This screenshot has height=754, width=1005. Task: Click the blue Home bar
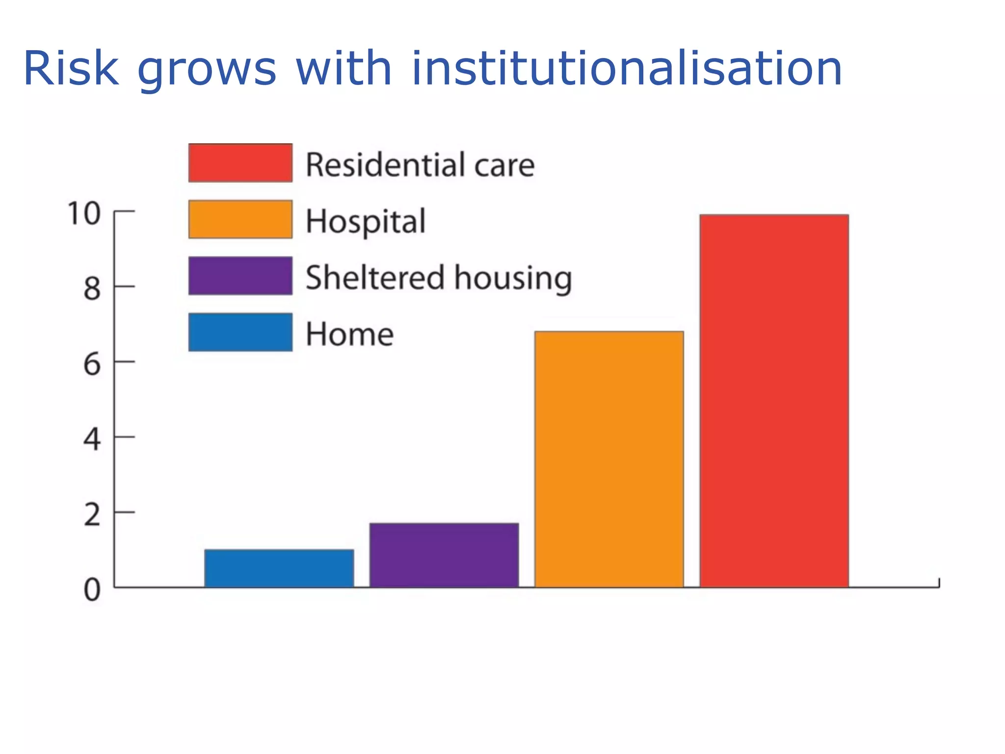(279, 568)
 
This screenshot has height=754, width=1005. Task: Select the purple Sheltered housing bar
(444, 555)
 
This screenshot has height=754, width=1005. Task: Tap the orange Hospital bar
(609, 459)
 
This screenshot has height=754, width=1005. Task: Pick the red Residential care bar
(774, 401)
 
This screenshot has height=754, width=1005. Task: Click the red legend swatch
(240, 163)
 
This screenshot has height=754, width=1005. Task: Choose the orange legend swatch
(240, 219)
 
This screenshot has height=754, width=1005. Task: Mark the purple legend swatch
(240, 276)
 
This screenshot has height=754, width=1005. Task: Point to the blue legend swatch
(240, 332)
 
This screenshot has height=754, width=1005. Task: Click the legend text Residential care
(420, 165)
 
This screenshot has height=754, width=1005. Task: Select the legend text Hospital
(366, 221)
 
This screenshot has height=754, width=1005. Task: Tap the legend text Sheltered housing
(439, 278)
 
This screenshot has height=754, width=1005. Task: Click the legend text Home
(349, 334)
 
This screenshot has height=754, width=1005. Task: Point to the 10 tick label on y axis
(84, 214)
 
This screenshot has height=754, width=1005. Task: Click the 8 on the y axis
(92, 289)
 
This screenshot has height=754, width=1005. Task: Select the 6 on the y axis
(92, 365)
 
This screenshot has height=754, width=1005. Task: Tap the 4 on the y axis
(92, 439)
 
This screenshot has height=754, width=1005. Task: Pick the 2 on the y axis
(92, 515)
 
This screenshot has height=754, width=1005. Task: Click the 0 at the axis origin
(92, 590)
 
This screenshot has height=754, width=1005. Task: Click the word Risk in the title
(71, 69)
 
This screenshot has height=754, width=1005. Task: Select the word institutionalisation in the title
(626, 69)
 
